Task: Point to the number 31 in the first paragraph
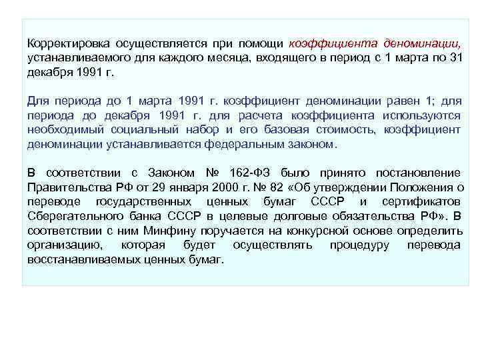point(453,58)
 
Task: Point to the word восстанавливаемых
point(80,259)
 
